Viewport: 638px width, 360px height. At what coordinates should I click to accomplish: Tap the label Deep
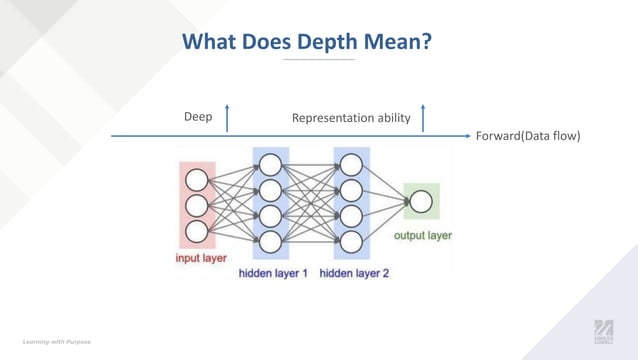coord(198,117)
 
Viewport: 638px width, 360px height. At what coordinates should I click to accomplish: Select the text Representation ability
coord(351,118)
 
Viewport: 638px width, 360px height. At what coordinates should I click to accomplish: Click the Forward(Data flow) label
coord(528,136)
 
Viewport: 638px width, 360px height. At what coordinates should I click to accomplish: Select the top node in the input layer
coord(197,181)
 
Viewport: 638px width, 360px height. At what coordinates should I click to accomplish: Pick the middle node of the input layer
coord(197,206)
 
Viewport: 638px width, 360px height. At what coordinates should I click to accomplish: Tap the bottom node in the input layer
coord(197,231)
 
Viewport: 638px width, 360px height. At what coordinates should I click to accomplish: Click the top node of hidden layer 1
coord(270,164)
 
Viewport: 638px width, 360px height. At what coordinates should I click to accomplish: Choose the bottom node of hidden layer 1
coord(270,241)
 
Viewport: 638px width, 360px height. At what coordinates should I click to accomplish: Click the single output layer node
coord(421,203)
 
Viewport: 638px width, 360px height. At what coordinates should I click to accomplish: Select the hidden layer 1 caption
coord(273,271)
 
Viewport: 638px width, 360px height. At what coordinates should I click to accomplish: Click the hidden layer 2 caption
coord(354,271)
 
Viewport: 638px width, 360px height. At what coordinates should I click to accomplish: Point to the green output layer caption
coord(422,236)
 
